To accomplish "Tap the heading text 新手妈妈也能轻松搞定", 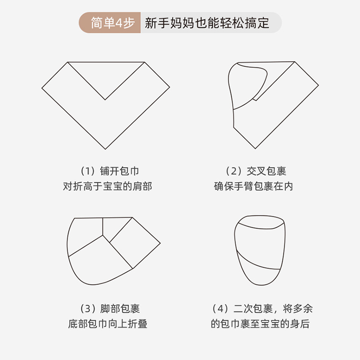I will pos(207,23).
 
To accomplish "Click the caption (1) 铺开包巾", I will pos(107,171).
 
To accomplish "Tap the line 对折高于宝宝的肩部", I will pos(107,186).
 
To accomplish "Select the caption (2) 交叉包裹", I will pos(255,171).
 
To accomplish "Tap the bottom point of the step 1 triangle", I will pos(106,149).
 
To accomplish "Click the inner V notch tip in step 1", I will pos(106,99).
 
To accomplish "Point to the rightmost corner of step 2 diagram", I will pos(318,85).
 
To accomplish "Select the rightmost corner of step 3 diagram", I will pos(160,243).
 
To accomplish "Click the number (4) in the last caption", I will pos(220,309).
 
